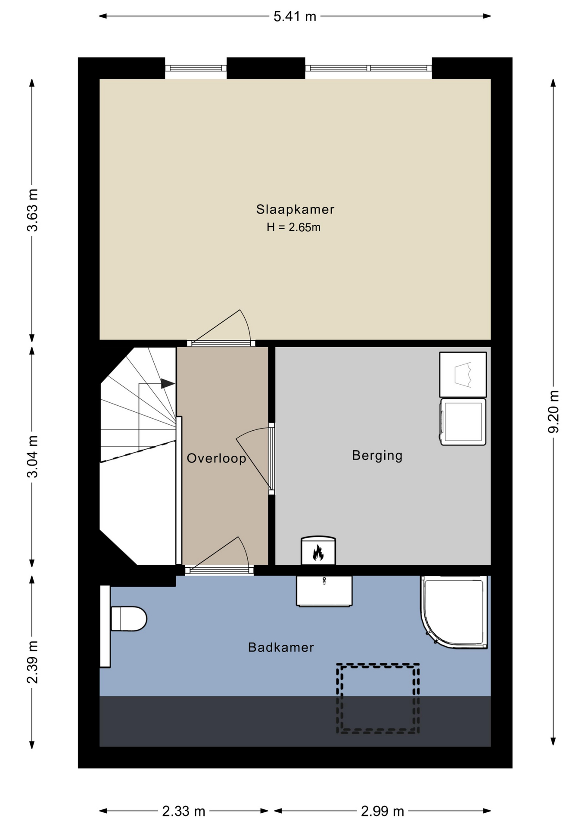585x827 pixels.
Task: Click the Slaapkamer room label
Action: (295, 209)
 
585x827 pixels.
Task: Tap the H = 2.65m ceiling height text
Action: (293, 227)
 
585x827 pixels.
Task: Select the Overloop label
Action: (216, 458)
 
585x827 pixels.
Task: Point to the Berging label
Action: (377, 455)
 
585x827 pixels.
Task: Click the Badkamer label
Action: (281, 647)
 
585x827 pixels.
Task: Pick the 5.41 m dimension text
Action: (295, 16)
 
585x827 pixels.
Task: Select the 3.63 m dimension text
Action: (32, 210)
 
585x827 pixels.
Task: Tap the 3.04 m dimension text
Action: (32, 457)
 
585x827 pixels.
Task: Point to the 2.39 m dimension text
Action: (32, 662)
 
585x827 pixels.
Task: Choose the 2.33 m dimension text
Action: (184, 811)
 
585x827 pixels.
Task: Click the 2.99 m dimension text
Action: (383, 811)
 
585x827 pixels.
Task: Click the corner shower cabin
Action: (454, 612)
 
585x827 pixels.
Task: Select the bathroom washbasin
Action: (324, 591)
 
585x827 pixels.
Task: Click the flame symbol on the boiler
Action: (318, 553)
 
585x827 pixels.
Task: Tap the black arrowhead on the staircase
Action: (168, 383)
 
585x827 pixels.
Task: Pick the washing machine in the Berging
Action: (463, 422)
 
